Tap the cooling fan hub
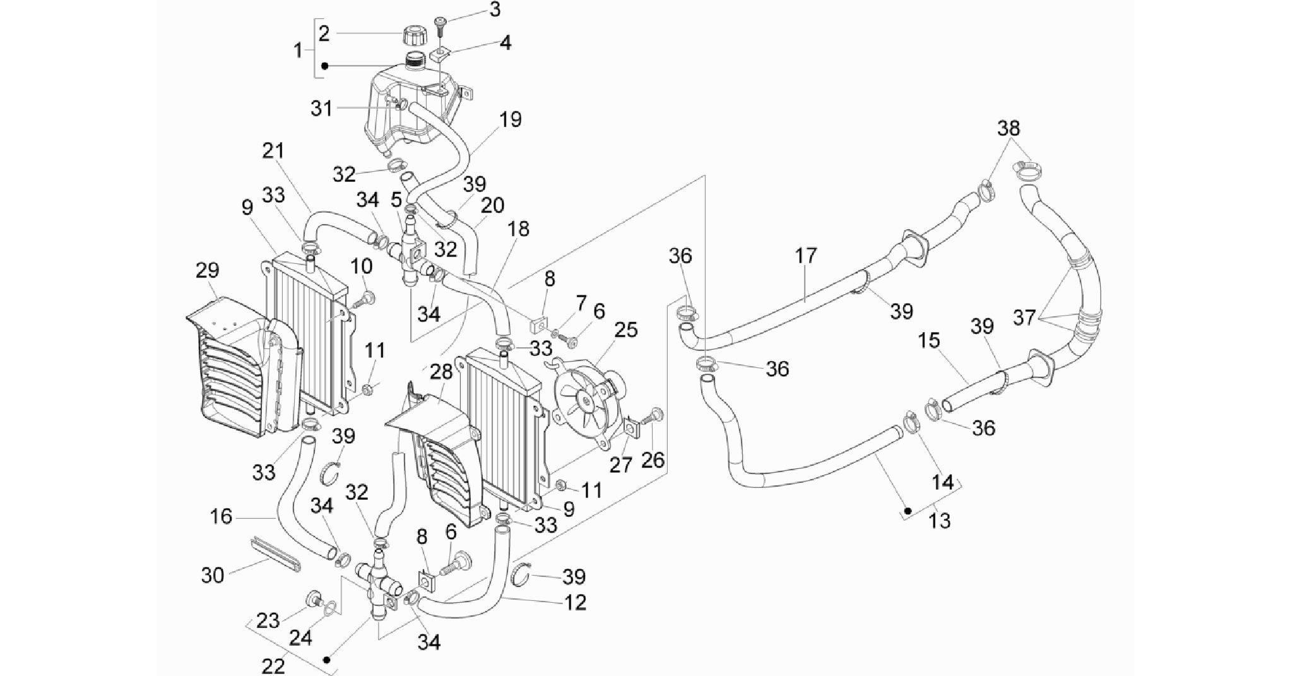[586, 401]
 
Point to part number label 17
[806, 256]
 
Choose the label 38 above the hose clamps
[1009, 128]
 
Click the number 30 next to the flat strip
[213, 576]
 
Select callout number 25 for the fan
[626, 329]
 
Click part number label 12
[576, 602]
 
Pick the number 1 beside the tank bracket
[299, 50]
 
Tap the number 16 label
[221, 516]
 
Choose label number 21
[273, 151]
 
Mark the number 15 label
[929, 340]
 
